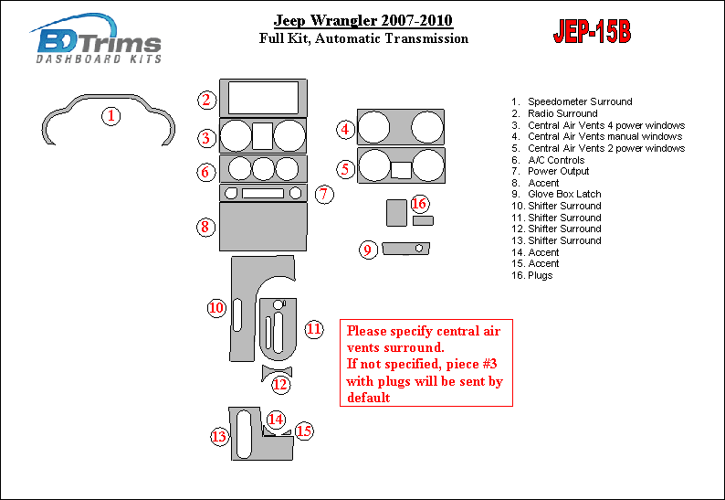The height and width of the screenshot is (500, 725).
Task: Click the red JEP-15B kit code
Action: click(x=592, y=31)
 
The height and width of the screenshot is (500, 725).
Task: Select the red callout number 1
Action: click(x=111, y=116)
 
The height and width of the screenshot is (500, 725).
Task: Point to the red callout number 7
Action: click(x=324, y=194)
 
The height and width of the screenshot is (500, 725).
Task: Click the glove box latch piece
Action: click(x=406, y=249)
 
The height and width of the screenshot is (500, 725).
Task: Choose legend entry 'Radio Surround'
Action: click(x=554, y=113)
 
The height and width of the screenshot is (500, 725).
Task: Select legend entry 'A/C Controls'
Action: click(x=548, y=160)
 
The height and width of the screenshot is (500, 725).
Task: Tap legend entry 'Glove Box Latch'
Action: click(x=556, y=194)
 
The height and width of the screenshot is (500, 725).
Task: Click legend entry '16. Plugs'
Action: click(x=531, y=275)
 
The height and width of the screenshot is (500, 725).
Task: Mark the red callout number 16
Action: click(x=420, y=204)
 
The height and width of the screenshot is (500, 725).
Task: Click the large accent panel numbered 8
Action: click(x=263, y=227)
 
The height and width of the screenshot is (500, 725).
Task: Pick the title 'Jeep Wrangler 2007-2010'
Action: click(x=363, y=20)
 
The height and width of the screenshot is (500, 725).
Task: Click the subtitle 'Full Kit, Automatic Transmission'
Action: click(x=363, y=38)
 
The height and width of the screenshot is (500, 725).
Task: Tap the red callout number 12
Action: click(x=280, y=385)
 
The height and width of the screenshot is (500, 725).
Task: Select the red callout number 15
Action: click(x=304, y=431)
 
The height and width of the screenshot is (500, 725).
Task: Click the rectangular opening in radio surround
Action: click(x=263, y=98)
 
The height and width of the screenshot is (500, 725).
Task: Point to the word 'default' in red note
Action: click(x=369, y=398)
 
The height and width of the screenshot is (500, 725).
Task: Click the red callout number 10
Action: click(x=216, y=308)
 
